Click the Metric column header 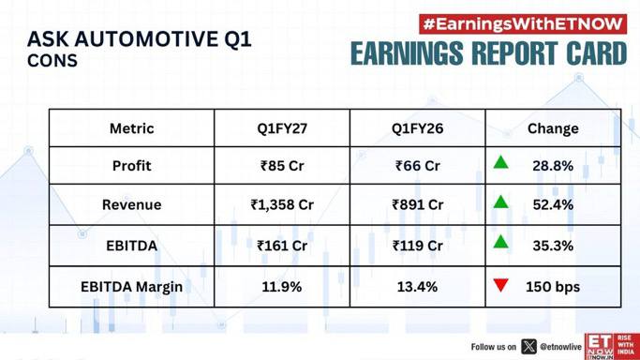[x=131, y=128]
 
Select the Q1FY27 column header [x=282, y=128]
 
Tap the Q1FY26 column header [x=417, y=128]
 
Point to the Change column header [x=553, y=128]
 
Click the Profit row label [x=131, y=166]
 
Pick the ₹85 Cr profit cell [x=282, y=166]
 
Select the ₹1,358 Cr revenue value [x=282, y=204]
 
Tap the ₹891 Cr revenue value [x=417, y=204]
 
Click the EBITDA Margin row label [x=131, y=287]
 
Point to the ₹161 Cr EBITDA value [x=282, y=246]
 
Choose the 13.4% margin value [x=417, y=287]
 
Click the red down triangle [x=500, y=285]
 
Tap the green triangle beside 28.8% [x=500, y=162]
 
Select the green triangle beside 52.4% [x=500, y=202]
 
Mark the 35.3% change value [x=553, y=246]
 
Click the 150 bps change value [x=553, y=287]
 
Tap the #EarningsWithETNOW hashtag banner [x=523, y=24]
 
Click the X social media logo [x=528, y=347]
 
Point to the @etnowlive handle [x=560, y=347]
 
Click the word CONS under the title [x=52, y=61]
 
